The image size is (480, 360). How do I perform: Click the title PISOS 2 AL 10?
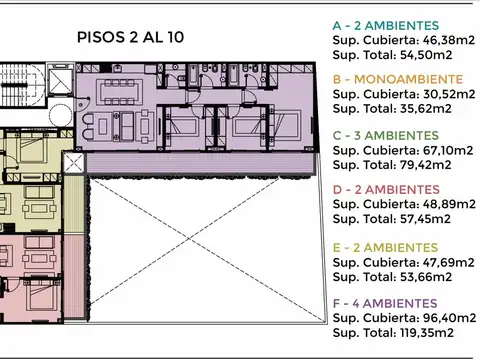pyautogui.click(x=129, y=37)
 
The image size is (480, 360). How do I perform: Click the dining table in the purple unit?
pyautogui.click(x=130, y=97)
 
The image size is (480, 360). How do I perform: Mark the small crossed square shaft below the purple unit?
pyautogui.click(x=74, y=164)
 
